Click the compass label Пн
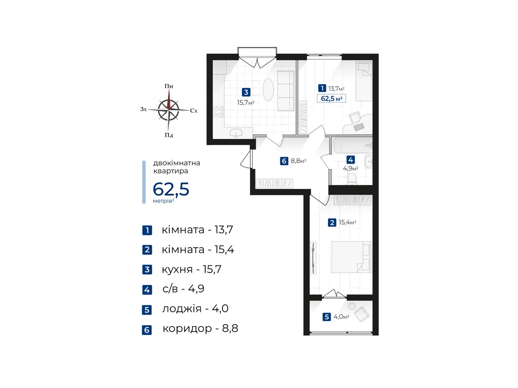169,86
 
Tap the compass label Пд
169,135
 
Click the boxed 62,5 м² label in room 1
331,99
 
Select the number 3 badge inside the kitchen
246,92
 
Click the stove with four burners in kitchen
218,112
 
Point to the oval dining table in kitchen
268,90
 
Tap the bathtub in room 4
352,145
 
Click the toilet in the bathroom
352,179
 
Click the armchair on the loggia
362,314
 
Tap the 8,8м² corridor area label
298,161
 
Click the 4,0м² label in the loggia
341,317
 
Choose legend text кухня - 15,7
191,269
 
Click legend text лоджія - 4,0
195,309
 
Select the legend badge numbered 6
147,330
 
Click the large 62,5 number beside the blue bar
171,189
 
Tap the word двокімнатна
176,163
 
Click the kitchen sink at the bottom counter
236,133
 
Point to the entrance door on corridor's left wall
246,159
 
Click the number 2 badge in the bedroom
332,222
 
